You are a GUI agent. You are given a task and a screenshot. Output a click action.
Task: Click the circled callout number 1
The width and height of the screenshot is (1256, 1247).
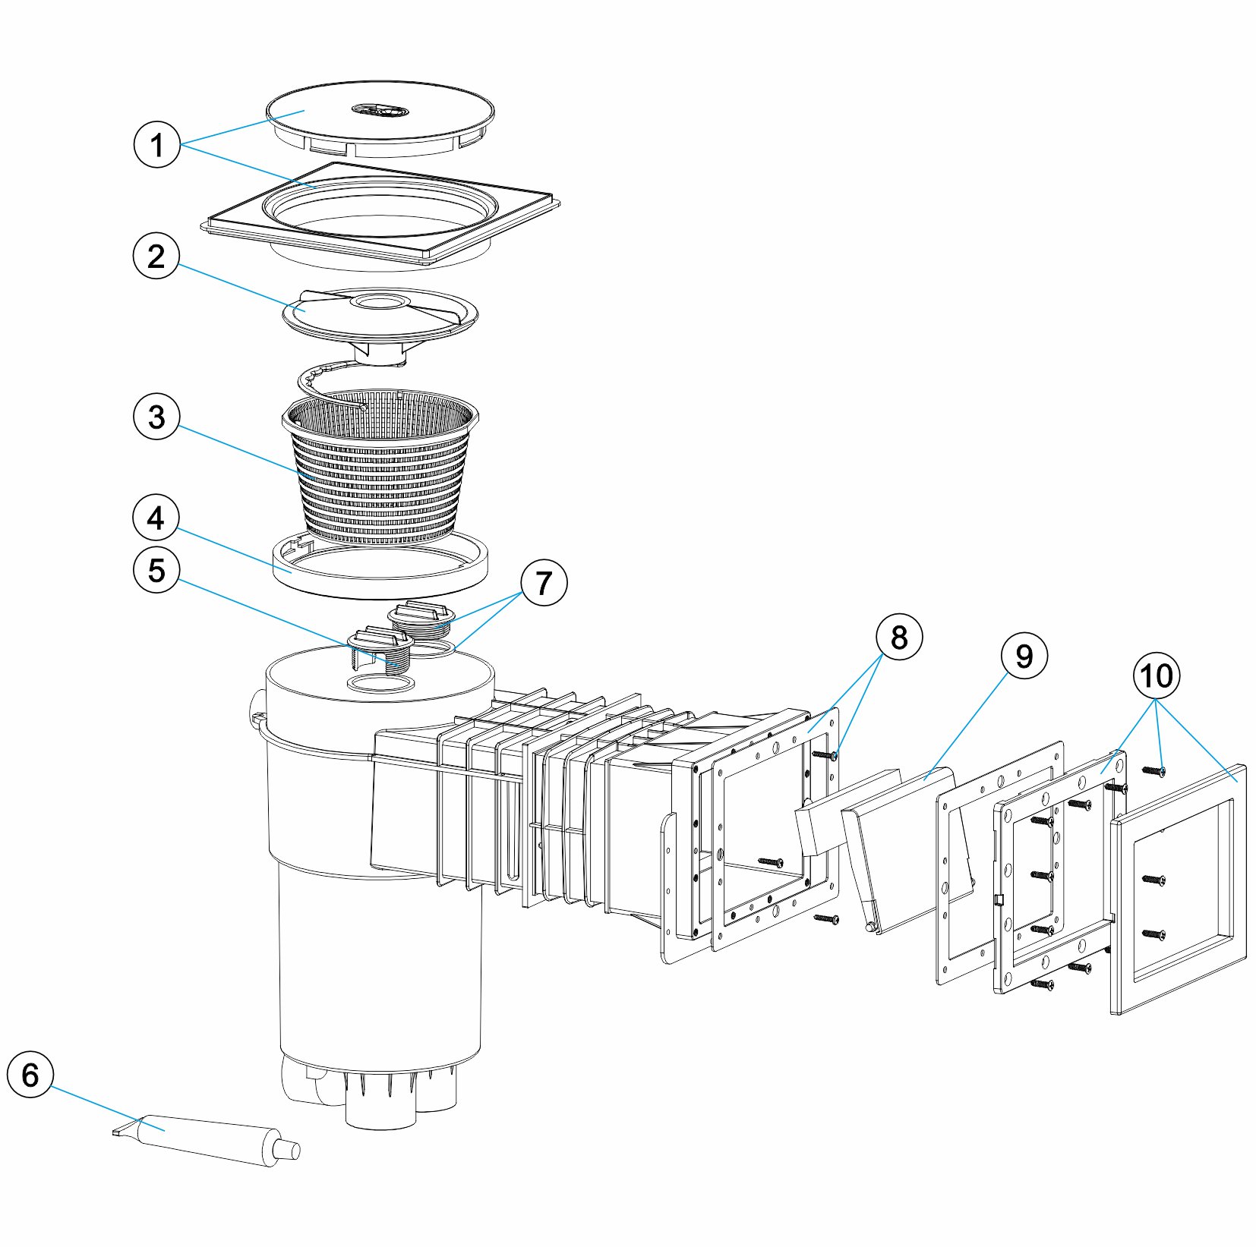156,144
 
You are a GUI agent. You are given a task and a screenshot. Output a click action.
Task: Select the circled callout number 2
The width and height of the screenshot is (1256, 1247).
156,257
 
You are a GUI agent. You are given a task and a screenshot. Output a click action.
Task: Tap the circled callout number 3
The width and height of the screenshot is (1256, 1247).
156,417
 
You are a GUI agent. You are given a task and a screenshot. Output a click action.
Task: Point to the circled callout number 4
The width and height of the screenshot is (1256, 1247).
156,518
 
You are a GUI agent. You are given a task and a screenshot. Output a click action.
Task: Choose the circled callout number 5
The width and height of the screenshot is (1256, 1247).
156,570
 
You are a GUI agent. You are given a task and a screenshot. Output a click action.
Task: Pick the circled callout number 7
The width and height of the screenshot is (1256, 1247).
543,583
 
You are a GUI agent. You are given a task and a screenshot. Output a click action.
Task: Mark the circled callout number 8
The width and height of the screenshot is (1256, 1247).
898,638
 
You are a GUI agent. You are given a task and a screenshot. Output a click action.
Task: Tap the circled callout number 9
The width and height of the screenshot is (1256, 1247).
1024,656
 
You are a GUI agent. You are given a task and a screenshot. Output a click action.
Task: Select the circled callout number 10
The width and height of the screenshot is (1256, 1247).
1157,675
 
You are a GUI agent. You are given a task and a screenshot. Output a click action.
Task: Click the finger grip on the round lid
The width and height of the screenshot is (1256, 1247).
380,112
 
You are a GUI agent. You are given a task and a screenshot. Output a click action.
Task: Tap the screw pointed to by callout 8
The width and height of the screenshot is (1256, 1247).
825,755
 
